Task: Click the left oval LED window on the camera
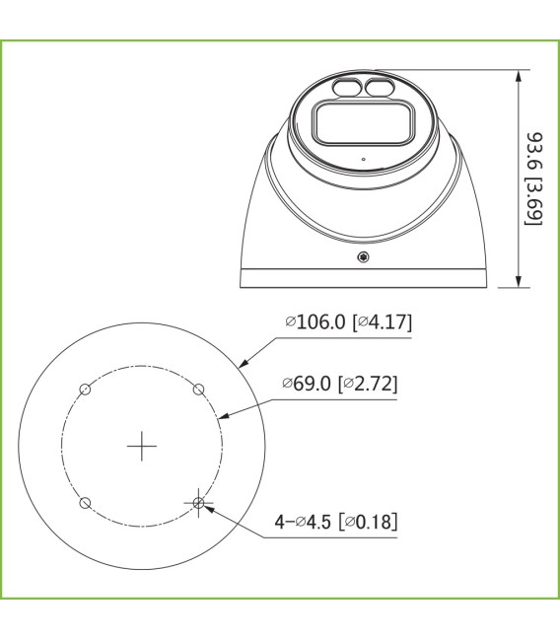349,90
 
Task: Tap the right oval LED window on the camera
380,90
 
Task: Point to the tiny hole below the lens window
364,158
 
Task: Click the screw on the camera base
365,258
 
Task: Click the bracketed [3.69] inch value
536,203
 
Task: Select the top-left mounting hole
86,390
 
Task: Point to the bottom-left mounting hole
86,503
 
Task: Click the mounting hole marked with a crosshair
199,503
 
